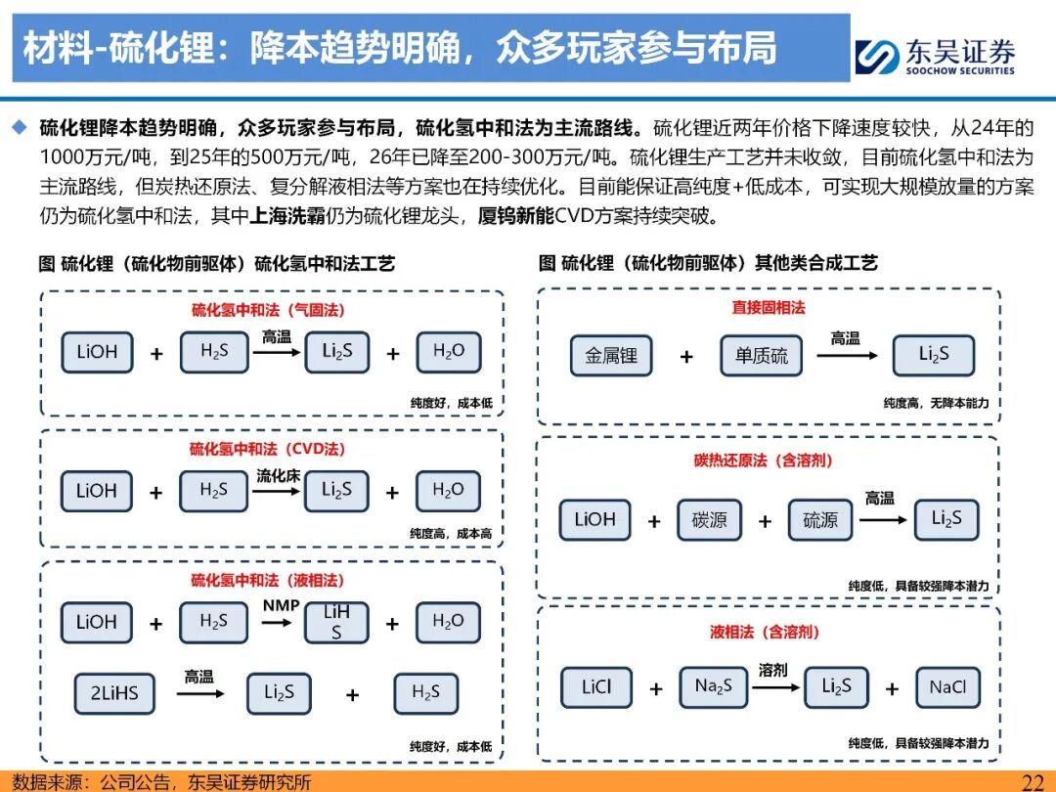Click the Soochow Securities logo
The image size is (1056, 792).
point(935,56)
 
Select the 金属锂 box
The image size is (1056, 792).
point(611,356)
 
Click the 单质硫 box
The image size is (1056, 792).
point(761,356)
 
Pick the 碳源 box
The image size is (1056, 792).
point(709,520)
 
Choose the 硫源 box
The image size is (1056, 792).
point(820,520)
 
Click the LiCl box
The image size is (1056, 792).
point(595,687)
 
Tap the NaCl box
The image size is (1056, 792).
point(946,687)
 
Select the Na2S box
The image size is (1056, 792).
point(713,687)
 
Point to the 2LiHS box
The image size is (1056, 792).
point(114,693)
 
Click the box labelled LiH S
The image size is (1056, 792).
point(336,622)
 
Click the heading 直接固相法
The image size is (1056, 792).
point(768,307)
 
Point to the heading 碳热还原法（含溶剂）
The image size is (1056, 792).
point(763,460)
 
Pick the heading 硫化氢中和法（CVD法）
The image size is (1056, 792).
point(267,449)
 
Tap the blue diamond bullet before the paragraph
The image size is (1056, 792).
point(20,127)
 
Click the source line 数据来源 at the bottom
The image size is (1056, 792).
point(161,781)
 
